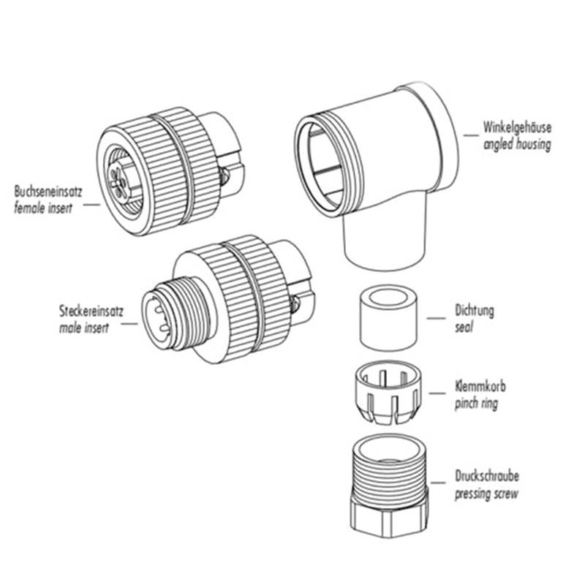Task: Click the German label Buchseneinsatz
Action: [48, 192]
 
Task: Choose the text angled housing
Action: [517, 145]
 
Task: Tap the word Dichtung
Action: [473, 311]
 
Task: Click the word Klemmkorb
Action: [478, 386]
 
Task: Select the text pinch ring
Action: [475, 403]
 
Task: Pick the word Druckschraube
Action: [487, 476]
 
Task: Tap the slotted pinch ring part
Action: [390, 395]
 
